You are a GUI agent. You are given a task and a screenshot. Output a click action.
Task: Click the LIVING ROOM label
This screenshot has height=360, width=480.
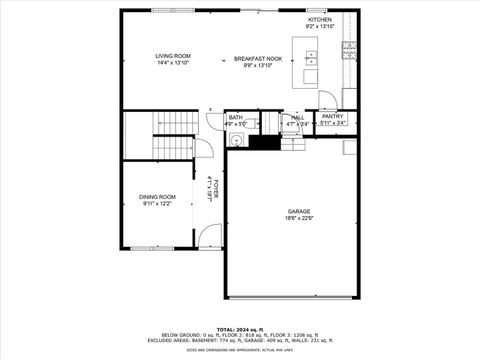172,55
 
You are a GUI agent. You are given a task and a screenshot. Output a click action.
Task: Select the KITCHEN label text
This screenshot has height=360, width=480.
319,19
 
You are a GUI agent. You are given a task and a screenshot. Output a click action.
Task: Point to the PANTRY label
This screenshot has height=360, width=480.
333,116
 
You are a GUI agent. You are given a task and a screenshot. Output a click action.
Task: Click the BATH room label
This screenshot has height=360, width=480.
235,117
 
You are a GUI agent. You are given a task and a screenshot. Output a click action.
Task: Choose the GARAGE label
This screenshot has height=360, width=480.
299,211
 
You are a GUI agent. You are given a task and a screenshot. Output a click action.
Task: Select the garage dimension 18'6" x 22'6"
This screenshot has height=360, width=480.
299,218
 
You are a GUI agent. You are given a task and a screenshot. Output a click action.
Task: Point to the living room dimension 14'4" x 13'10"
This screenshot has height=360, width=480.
172,63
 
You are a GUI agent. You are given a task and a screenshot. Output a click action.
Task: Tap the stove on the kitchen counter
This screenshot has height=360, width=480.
349,46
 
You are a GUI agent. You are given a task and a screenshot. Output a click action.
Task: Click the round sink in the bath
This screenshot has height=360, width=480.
236,139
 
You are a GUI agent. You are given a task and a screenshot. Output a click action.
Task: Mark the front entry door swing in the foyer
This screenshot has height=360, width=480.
209,237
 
